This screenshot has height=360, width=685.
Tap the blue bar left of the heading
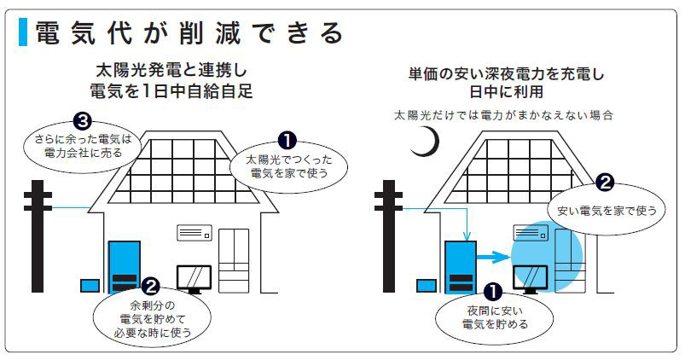pos(23,32)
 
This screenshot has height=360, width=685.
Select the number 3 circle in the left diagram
pos(81,119)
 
